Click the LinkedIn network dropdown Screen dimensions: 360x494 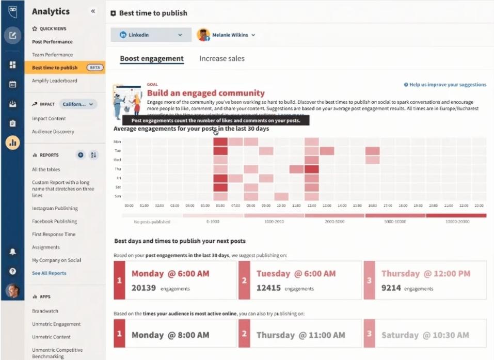coord(151,35)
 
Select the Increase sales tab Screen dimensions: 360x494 coord(222,59)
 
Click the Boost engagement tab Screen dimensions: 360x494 coord(152,59)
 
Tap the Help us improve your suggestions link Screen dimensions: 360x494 coord(444,85)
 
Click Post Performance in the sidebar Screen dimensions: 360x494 coord(52,42)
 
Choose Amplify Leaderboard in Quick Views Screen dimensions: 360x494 coord(54,81)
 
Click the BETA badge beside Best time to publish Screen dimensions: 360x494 coord(94,68)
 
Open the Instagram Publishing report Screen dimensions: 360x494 coord(55,209)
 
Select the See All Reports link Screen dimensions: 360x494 coord(49,273)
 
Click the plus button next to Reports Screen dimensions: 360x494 coord(81,155)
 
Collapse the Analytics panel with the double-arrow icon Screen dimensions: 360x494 coord(93,11)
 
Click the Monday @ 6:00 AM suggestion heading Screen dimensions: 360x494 coord(170,274)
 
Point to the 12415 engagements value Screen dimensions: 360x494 coord(268,288)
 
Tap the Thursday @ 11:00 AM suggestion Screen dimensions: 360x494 coord(300,335)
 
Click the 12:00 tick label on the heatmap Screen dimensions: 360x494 coord(311,205)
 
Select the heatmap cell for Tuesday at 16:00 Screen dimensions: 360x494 coord(372,151)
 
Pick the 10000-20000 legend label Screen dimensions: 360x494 coord(456,222)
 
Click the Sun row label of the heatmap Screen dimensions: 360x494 coord(117,197)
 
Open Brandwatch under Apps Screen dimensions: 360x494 coord(45,311)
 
